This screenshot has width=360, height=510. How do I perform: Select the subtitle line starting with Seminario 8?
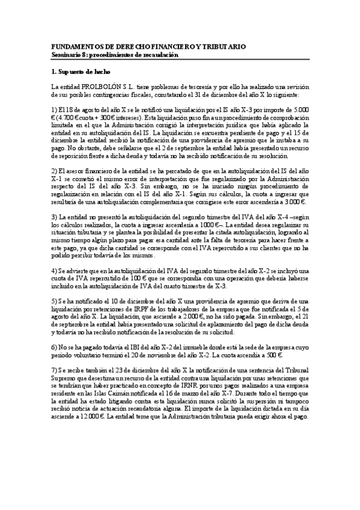(x=115, y=55)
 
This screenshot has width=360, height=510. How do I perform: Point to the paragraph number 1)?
(x=55, y=110)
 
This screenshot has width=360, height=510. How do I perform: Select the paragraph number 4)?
(x=55, y=270)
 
